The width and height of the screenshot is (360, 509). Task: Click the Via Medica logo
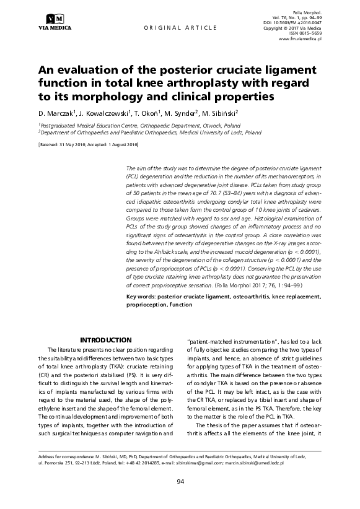[x=54, y=20]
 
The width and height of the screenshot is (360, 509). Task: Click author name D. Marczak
[x=55, y=114]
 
